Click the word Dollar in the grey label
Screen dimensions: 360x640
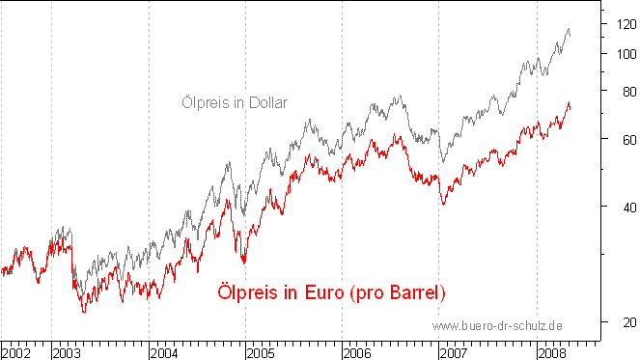click(267, 101)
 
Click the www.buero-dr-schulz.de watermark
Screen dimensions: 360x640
click(498, 326)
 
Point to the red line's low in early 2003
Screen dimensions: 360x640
click(84, 312)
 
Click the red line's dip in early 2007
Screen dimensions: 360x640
click(443, 204)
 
